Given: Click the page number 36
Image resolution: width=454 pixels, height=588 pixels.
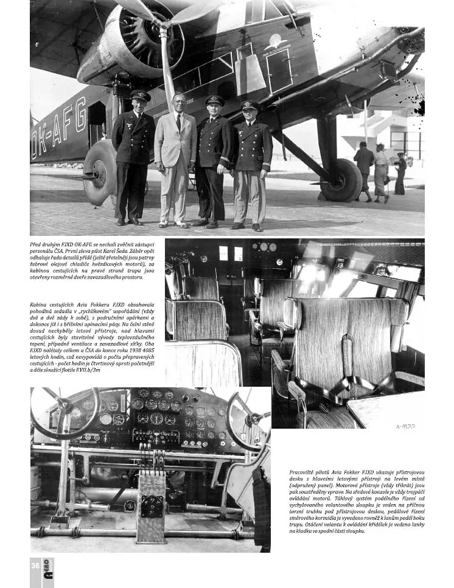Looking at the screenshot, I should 35,565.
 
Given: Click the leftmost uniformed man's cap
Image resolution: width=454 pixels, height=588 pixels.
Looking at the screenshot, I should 141,95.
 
